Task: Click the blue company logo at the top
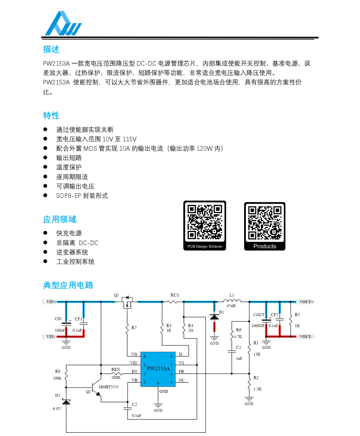click(63, 24)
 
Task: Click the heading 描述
click(51, 49)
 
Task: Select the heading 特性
click(51, 116)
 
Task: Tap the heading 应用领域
click(60, 219)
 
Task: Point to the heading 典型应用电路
click(68, 285)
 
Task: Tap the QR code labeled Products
click(265, 223)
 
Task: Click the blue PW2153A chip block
click(158, 369)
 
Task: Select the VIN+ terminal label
click(50, 302)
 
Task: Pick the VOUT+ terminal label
click(306, 302)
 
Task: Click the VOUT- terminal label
click(306, 336)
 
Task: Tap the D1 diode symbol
click(214, 317)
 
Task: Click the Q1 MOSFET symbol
click(127, 302)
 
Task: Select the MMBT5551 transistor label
click(109, 387)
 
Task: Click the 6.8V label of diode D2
click(57, 408)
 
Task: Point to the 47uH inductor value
click(231, 306)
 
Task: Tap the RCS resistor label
click(175, 295)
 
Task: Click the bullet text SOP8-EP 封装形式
click(82, 196)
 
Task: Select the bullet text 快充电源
click(69, 233)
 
